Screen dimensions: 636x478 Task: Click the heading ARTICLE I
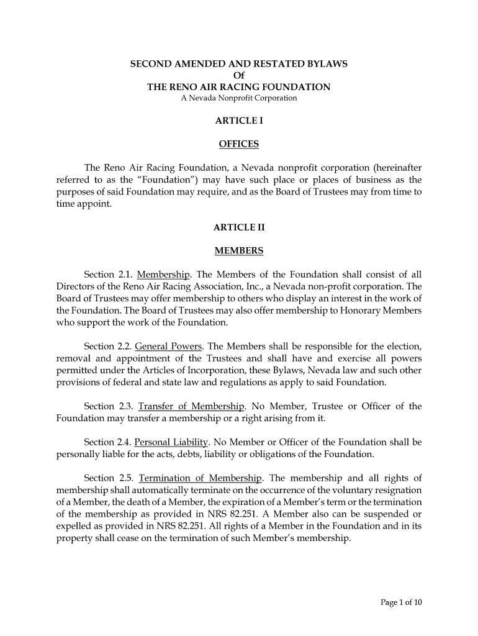pyautogui.click(x=238, y=121)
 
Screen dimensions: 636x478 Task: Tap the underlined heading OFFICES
pyautogui.click(x=238, y=145)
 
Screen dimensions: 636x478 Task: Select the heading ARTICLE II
pyautogui.click(x=238, y=227)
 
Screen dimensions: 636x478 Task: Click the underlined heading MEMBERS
pyautogui.click(x=238, y=251)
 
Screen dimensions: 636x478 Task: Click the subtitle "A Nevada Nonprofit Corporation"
pyautogui.click(x=238, y=98)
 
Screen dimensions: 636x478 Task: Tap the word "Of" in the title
pyautogui.click(x=238, y=76)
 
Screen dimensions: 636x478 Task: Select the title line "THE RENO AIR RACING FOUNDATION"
pyautogui.click(x=238, y=88)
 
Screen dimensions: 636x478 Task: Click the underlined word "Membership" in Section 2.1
pyautogui.click(x=163, y=275)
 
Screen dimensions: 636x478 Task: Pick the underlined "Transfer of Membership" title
pyautogui.click(x=192, y=406)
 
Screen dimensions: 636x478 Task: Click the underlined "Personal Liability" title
pyautogui.click(x=171, y=442)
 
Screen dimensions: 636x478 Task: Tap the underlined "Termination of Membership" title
pyautogui.click(x=201, y=478)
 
